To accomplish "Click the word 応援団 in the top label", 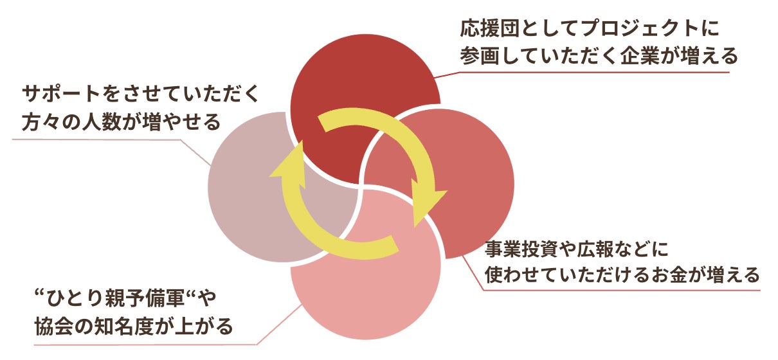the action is click(490, 28).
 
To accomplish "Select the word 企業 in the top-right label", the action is click(640, 55).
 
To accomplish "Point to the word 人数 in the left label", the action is click(102, 122).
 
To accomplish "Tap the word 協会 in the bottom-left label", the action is click(54, 326).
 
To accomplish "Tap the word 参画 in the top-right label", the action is click(480, 55).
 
